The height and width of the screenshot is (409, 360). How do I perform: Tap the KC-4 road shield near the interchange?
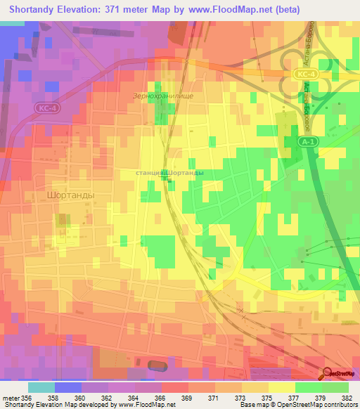(x=303, y=73)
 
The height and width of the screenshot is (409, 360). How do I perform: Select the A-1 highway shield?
(x=306, y=141)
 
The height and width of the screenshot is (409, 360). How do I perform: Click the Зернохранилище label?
(x=162, y=95)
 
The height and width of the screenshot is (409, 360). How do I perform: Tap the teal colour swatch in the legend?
(x=41, y=387)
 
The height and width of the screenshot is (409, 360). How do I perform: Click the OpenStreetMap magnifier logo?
(x=328, y=374)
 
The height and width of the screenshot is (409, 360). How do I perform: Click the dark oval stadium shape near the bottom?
(x=159, y=365)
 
